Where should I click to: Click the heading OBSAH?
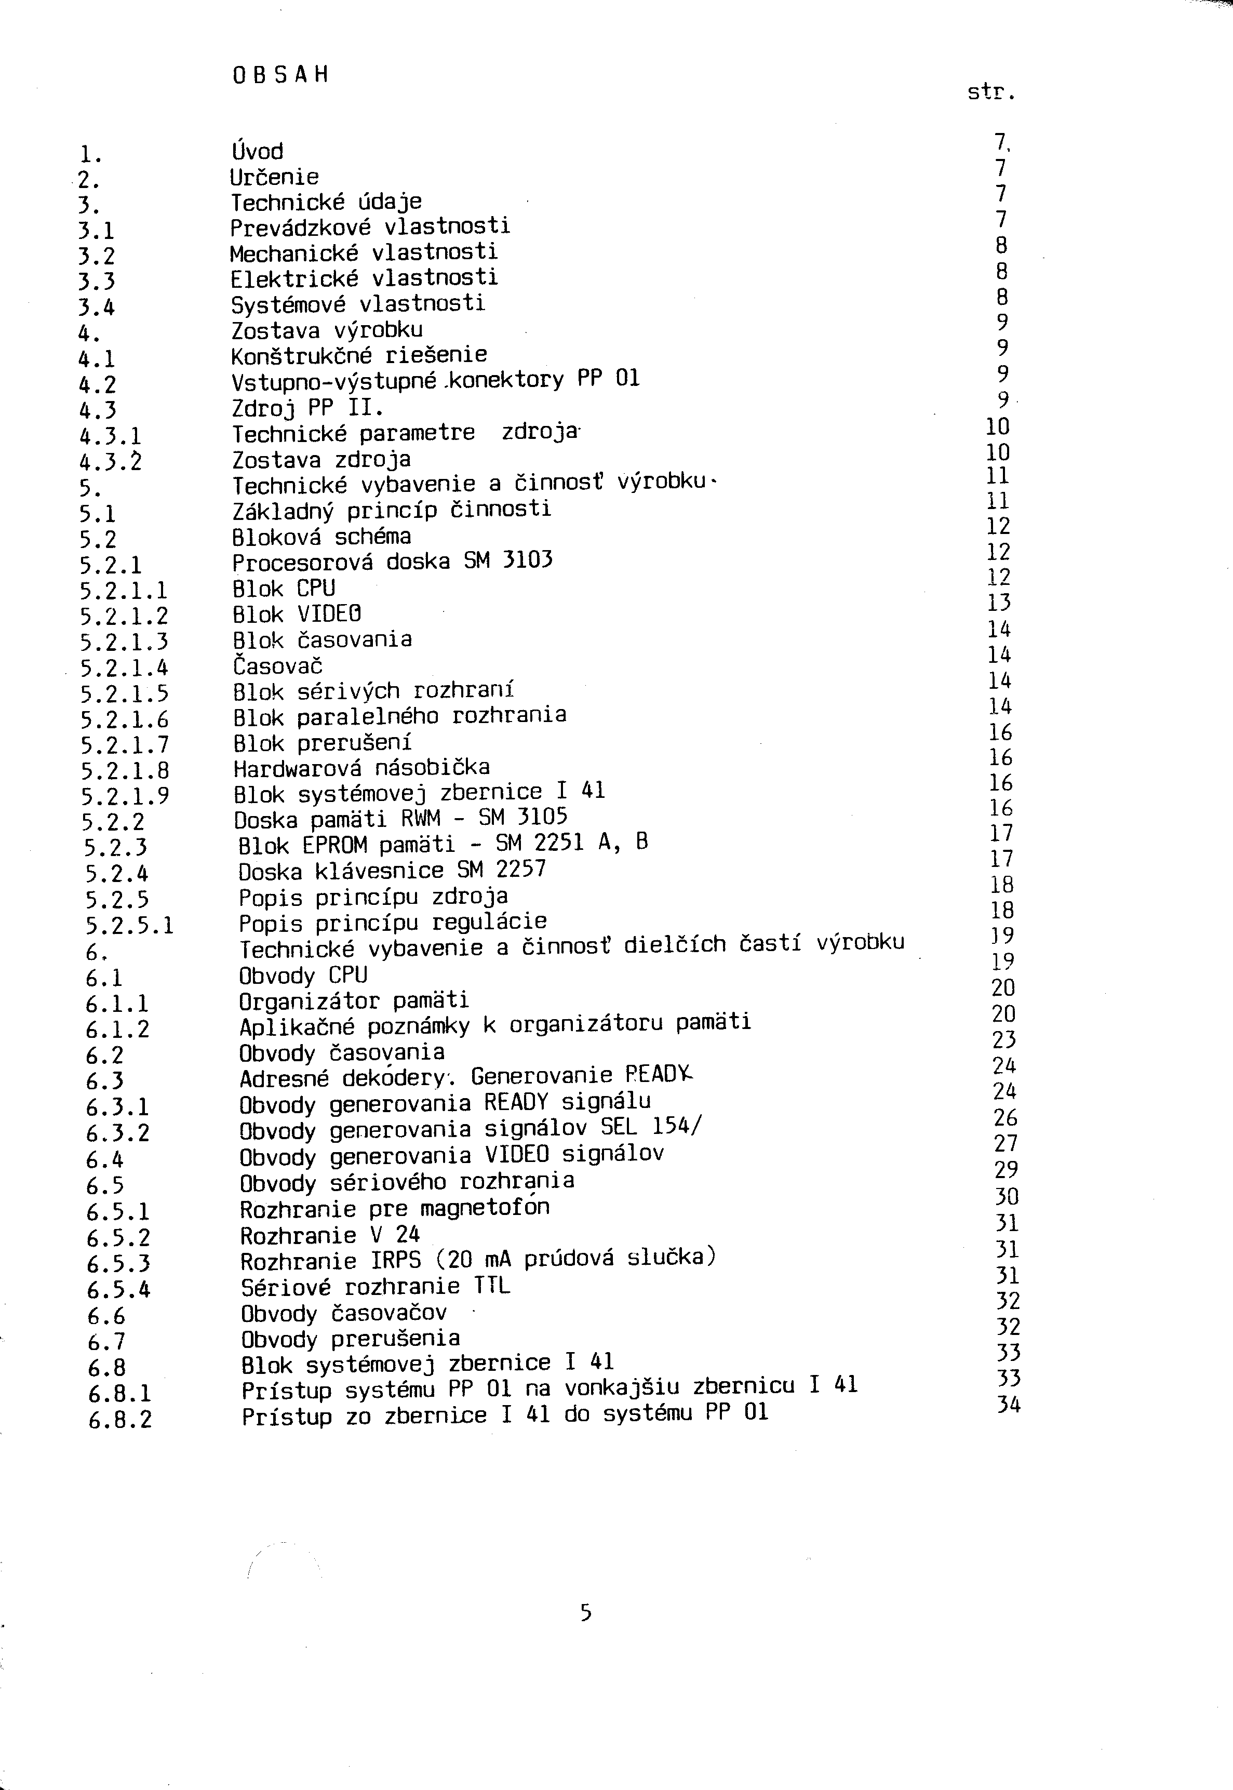pos(279,75)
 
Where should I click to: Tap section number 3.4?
pos(97,308)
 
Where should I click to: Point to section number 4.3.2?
pos(111,462)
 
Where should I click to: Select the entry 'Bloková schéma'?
pos(321,536)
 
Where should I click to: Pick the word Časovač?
pos(278,665)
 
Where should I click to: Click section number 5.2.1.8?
pos(124,770)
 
